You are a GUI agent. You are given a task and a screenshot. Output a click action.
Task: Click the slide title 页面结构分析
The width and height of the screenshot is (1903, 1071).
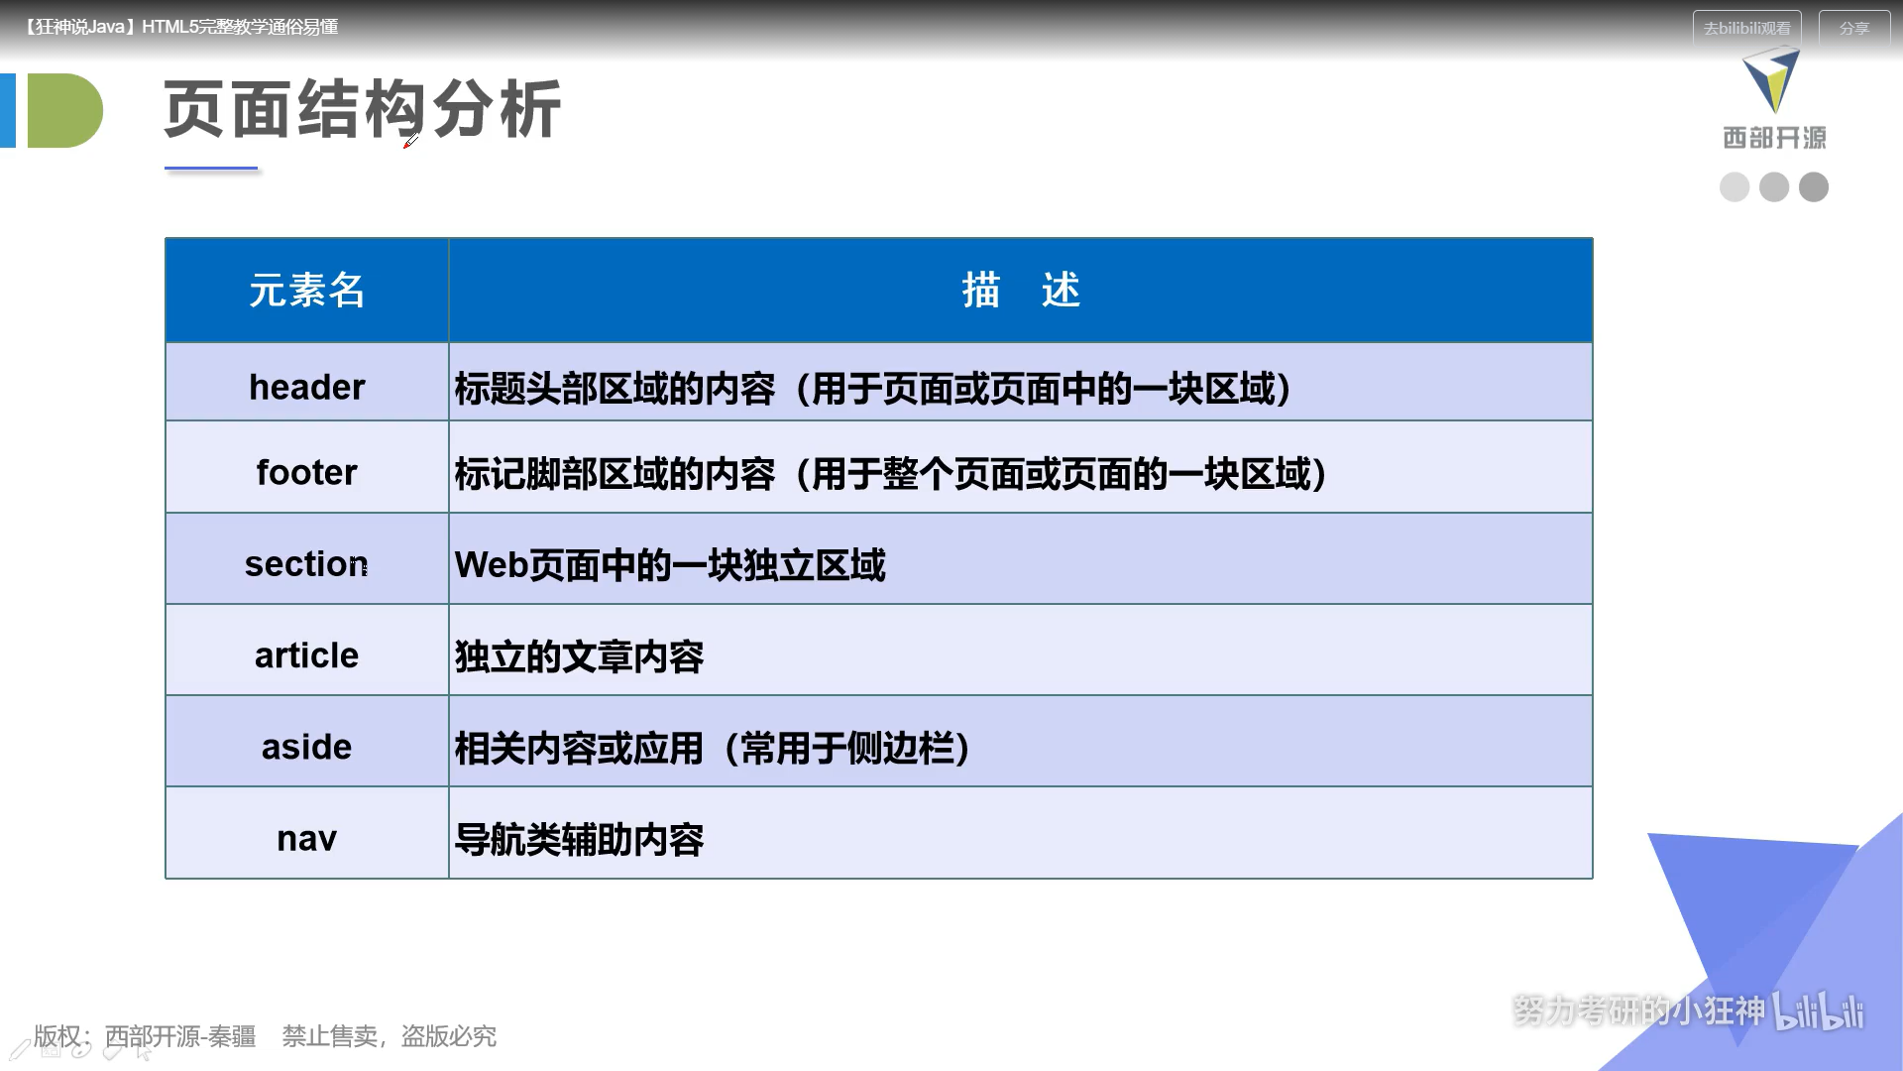363,109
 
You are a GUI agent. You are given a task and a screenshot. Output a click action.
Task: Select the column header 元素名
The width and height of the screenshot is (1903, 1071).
307,291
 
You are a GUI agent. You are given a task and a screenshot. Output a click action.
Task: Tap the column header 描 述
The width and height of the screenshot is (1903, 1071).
1021,291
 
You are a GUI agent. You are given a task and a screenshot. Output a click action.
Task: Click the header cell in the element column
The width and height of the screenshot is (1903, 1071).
307,387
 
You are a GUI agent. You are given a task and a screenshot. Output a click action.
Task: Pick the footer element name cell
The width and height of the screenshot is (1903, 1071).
307,472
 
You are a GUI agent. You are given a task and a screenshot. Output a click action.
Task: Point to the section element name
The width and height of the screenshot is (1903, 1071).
307,563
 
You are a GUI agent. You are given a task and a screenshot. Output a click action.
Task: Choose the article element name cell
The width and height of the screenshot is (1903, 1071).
307,655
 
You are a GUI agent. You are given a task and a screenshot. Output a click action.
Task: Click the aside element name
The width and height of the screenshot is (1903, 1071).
307,747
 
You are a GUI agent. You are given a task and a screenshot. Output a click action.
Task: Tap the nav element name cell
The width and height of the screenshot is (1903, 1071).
307,839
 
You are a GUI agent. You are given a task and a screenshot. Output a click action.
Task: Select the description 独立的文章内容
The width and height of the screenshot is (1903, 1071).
579,656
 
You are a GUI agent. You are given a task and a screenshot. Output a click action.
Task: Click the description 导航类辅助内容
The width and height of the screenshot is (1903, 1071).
579,840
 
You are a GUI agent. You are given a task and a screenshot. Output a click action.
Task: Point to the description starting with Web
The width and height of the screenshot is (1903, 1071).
670,565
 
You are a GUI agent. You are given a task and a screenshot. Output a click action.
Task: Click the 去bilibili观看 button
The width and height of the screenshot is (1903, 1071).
1746,29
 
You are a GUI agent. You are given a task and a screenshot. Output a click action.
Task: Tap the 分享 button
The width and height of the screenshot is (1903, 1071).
1854,29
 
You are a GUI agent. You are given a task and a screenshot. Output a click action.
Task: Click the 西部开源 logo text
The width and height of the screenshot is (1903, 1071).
1774,138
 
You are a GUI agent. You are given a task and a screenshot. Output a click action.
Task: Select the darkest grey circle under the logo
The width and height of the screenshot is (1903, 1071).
1814,187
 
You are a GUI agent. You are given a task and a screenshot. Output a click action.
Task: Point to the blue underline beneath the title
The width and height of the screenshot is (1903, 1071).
211,170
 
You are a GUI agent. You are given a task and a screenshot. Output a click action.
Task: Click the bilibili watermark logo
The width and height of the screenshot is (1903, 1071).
1819,1011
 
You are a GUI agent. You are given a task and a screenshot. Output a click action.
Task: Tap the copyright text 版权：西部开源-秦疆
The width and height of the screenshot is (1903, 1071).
145,1036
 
